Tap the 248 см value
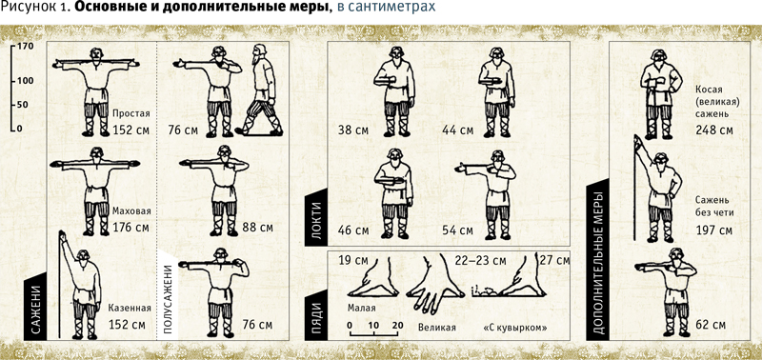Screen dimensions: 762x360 713,130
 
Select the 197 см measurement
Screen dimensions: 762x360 713,230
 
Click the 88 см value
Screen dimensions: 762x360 257,228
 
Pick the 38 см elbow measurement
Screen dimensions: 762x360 353,130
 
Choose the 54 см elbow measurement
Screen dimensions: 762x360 457,230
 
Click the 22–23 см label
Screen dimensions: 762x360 480,260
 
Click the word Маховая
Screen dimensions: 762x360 131,211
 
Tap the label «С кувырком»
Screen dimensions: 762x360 515,327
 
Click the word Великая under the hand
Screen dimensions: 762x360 437,327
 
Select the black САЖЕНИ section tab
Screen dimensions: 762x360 36,306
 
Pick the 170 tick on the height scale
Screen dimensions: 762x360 22,47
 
